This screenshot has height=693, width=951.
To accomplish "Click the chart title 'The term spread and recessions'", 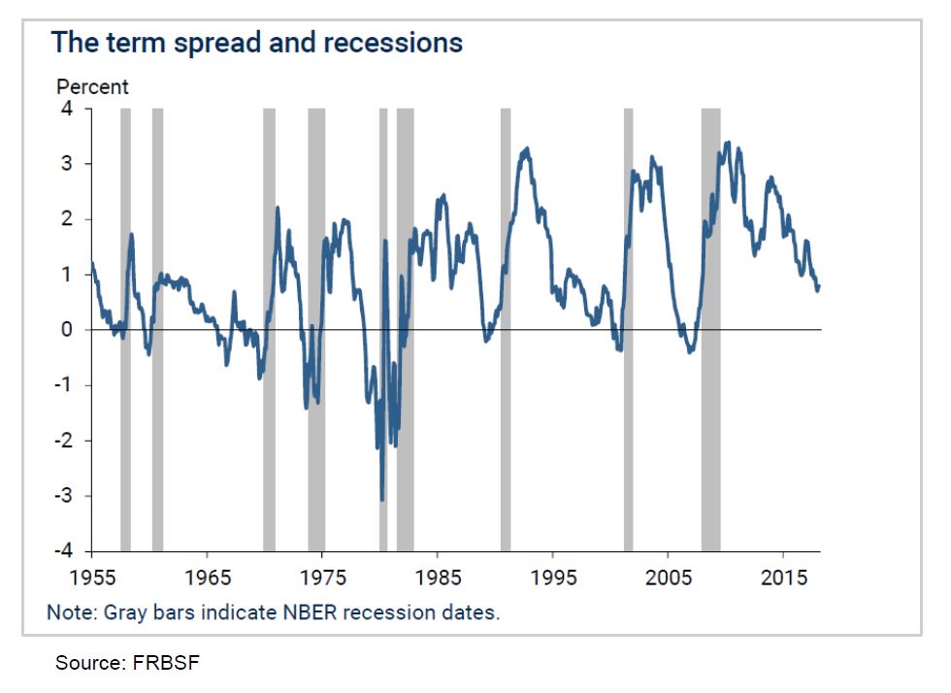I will click(x=256, y=43).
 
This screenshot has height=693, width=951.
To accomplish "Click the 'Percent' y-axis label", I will click(x=92, y=86).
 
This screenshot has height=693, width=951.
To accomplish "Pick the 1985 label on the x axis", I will click(x=438, y=577).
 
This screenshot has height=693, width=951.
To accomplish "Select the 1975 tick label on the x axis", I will click(x=323, y=577).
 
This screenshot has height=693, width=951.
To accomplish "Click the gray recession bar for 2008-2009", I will click(x=710, y=330).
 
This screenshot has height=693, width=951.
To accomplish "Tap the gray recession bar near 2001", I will click(x=628, y=330).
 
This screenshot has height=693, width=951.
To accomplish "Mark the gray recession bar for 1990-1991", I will click(x=506, y=330).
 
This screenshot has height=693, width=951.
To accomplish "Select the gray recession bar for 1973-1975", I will click(x=316, y=330).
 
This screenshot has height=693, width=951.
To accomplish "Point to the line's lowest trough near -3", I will click(x=382, y=499).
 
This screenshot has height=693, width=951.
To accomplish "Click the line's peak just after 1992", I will click(x=527, y=149).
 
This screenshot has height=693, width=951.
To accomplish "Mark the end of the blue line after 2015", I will click(x=819, y=286).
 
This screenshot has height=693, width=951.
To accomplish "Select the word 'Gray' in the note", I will click(x=116, y=613).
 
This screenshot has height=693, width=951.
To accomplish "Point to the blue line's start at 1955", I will click(x=92, y=263).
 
